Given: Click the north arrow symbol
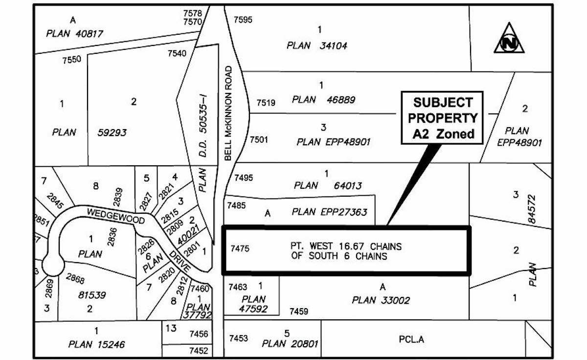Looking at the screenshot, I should tap(509, 39).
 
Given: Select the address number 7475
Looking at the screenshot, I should tap(240, 249).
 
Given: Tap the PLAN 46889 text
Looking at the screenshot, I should tap(323, 100).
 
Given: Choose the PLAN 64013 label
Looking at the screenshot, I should tap(328, 185).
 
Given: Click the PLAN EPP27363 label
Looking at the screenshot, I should tap(329, 212).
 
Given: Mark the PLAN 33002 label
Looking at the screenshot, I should tap(381, 300).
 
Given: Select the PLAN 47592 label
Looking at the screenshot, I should tap(253, 304).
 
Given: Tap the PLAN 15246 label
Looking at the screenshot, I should tap(96, 344).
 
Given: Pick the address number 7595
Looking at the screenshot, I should tap(243, 20).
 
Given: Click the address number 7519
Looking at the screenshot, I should tap(266, 103).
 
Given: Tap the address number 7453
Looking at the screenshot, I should tap(239, 338).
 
